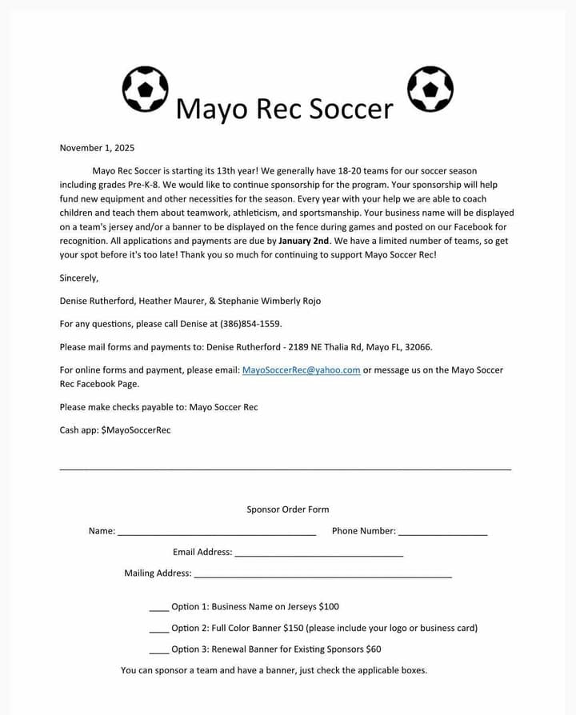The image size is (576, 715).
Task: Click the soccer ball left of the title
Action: pyautogui.click(x=145, y=89)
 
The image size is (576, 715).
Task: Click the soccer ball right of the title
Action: pyautogui.click(x=430, y=89)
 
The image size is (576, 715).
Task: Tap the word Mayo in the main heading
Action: pyautogui.click(x=210, y=109)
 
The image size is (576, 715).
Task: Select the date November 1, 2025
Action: pyautogui.click(x=97, y=148)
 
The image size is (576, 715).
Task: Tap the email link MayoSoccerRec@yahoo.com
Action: pyautogui.click(x=301, y=370)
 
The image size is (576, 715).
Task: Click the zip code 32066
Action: pyautogui.click(x=419, y=347)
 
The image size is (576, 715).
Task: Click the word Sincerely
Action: pyautogui.click(x=79, y=278)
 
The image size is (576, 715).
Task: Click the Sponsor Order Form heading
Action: pyautogui.click(x=287, y=509)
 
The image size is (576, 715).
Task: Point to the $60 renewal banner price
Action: pyautogui.click(x=374, y=649)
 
